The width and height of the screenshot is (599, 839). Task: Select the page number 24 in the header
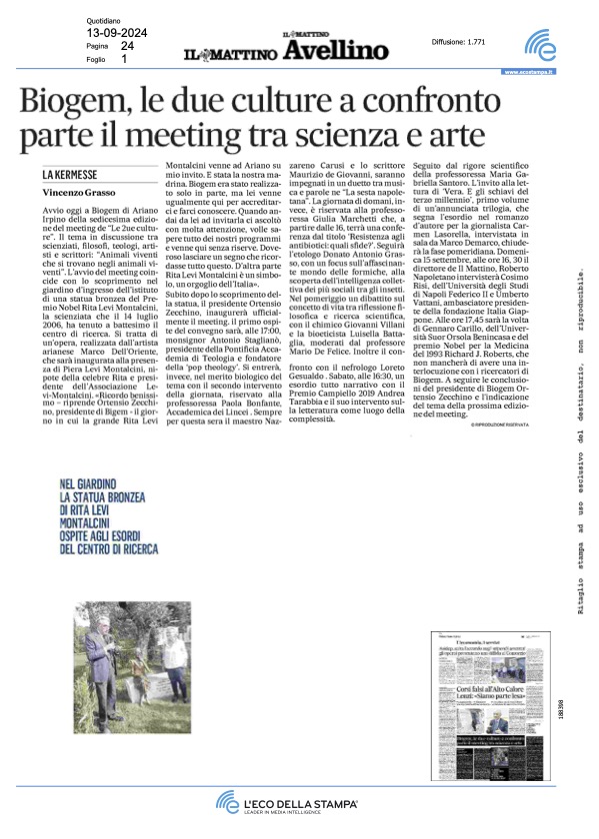pyautogui.click(x=126, y=46)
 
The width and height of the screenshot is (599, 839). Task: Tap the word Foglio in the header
pyautogui.click(x=96, y=59)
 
